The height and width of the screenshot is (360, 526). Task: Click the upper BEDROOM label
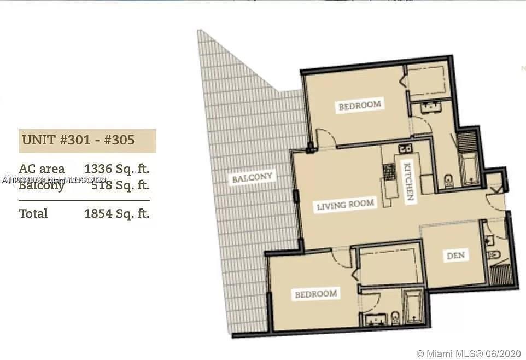pyautogui.click(x=359, y=105)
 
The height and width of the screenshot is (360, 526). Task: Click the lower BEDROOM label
pyautogui.click(x=315, y=294)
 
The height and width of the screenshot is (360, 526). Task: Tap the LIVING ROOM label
pyautogui.click(x=346, y=205)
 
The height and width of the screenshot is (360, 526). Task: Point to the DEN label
pyautogui.click(x=455, y=256)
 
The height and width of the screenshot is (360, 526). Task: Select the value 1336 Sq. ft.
pyautogui.click(x=116, y=169)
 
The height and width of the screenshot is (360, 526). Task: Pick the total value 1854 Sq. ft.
pyautogui.click(x=116, y=213)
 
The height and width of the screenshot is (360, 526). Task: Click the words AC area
pyautogui.click(x=42, y=169)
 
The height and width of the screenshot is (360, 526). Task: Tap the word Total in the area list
pyautogui.click(x=33, y=213)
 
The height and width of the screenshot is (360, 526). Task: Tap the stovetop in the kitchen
pyautogui.click(x=388, y=173)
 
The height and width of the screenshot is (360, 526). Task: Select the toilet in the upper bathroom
pyautogui.click(x=449, y=180)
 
